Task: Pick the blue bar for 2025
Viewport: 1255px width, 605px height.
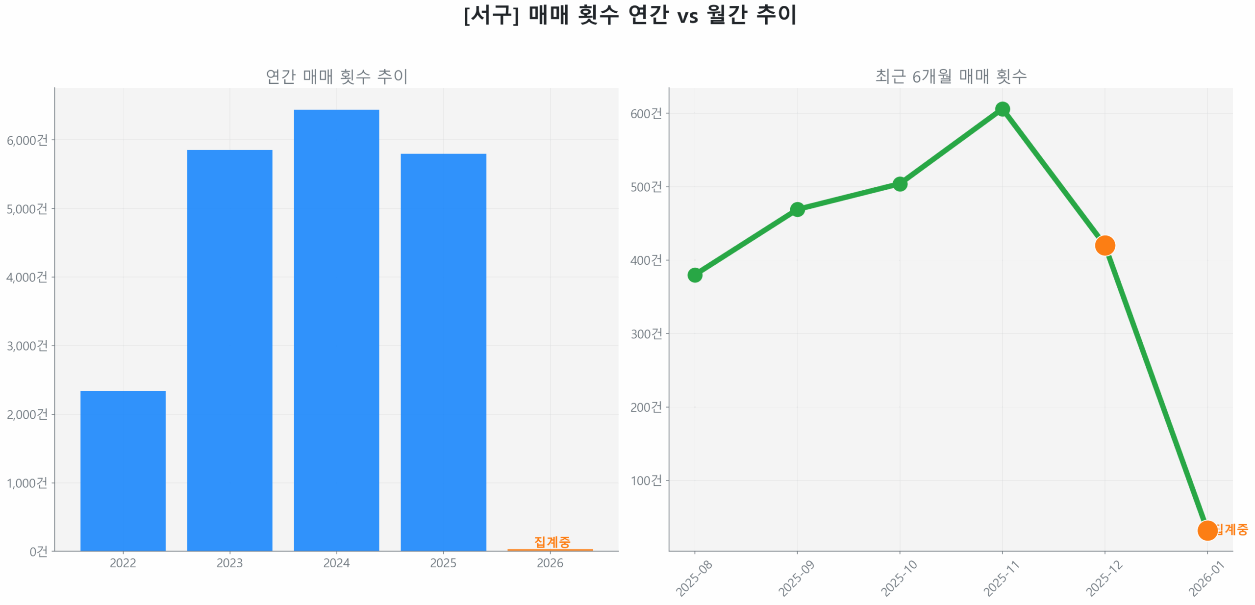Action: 443,352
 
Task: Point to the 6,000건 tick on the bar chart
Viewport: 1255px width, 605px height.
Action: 27,140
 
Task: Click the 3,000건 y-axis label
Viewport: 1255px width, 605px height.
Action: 27,346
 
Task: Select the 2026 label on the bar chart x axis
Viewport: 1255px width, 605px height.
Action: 550,562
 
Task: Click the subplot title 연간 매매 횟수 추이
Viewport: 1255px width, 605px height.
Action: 336,76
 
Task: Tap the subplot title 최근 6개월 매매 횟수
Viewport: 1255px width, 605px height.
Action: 950,76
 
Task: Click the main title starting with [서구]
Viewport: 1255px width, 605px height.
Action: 629,15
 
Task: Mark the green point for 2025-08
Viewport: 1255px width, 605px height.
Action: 694,275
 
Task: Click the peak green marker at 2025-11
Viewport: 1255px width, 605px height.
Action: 1002,109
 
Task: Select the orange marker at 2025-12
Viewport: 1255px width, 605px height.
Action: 1104,245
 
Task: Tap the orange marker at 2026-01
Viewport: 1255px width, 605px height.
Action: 1206,529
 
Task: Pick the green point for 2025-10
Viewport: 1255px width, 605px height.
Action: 899,184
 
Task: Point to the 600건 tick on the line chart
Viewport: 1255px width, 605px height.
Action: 646,113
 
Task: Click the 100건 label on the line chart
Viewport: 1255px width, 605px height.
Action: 646,480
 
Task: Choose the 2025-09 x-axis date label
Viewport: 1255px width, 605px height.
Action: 796,579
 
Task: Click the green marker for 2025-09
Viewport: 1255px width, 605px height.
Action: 797,209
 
